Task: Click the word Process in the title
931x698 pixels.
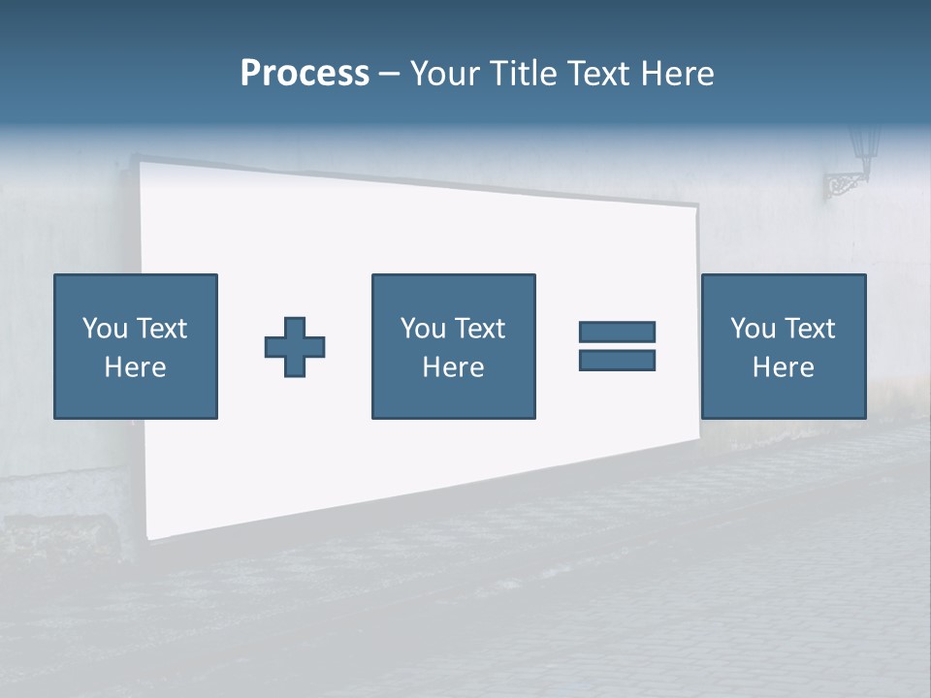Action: click(x=305, y=74)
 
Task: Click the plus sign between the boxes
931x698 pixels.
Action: click(x=295, y=347)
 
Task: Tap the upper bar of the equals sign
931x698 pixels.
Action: click(x=617, y=332)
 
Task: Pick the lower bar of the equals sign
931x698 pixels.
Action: click(x=617, y=360)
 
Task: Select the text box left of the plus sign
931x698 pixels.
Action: click(x=135, y=346)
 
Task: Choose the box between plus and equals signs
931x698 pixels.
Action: click(x=453, y=346)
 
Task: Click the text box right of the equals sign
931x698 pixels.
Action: click(x=783, y=346)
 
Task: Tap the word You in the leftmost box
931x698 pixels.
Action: click(x=104, y=329)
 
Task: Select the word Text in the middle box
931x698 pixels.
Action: click(x=480, y=329)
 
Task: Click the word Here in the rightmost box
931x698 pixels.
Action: click(x=783, y=366)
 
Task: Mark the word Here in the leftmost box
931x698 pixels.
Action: click(x=135, y=366)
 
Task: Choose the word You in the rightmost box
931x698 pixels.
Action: click(x=753, y=329)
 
